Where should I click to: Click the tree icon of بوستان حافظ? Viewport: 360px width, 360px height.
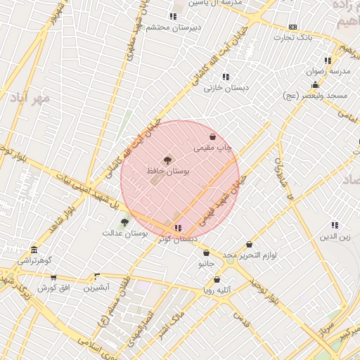(167, 160)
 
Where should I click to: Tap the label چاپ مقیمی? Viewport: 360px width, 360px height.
(213, 148)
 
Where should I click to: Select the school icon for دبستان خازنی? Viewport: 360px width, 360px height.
(225, 77)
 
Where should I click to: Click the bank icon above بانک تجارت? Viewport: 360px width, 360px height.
(293, 27)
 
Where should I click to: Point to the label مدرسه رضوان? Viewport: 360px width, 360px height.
(324, 71)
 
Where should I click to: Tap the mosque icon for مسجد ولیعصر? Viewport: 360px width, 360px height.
(316, 85)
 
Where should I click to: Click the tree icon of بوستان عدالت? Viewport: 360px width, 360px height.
(124, 222)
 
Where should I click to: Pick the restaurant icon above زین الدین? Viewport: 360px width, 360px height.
(335, 226)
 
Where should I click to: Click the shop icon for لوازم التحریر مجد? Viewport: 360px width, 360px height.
(249, 245)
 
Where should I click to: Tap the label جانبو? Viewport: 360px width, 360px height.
(205, 264)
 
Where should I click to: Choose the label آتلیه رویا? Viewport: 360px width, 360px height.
(217, 289)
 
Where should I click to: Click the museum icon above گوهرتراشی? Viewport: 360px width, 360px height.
(34, 250)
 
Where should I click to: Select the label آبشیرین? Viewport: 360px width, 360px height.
(97, 288)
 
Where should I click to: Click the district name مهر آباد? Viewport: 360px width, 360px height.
(30, 98)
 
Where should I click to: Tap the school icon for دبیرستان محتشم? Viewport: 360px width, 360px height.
(172, 16)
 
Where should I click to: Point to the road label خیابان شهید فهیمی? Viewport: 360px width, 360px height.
(225, 200)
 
